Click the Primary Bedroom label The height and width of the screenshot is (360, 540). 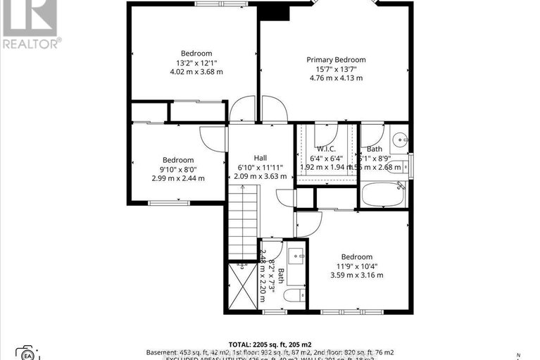335,60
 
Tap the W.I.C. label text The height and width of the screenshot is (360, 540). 325,149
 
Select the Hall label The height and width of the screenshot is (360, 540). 260,158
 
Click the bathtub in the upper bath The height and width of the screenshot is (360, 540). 383,195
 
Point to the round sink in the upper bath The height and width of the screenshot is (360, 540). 398,139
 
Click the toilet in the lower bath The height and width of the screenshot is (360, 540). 295,295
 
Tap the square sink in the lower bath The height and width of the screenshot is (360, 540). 295,254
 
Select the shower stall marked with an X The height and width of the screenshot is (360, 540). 244,287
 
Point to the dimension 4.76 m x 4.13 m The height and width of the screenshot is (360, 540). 335,78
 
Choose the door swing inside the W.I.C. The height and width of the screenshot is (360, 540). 325,134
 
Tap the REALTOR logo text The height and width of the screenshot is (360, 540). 31,42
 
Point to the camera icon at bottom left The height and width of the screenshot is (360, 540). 28,353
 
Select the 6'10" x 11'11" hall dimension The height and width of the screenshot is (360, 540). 260,167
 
